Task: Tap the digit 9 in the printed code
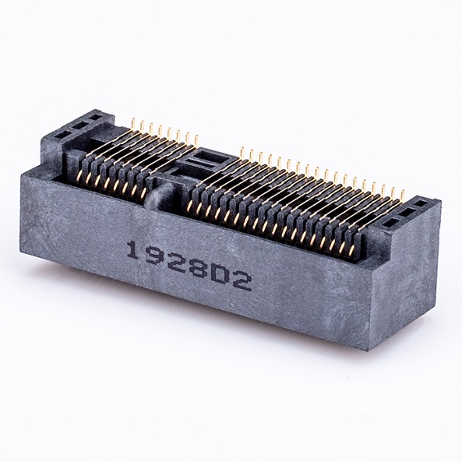pyautogui.click(x=153, y=257)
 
